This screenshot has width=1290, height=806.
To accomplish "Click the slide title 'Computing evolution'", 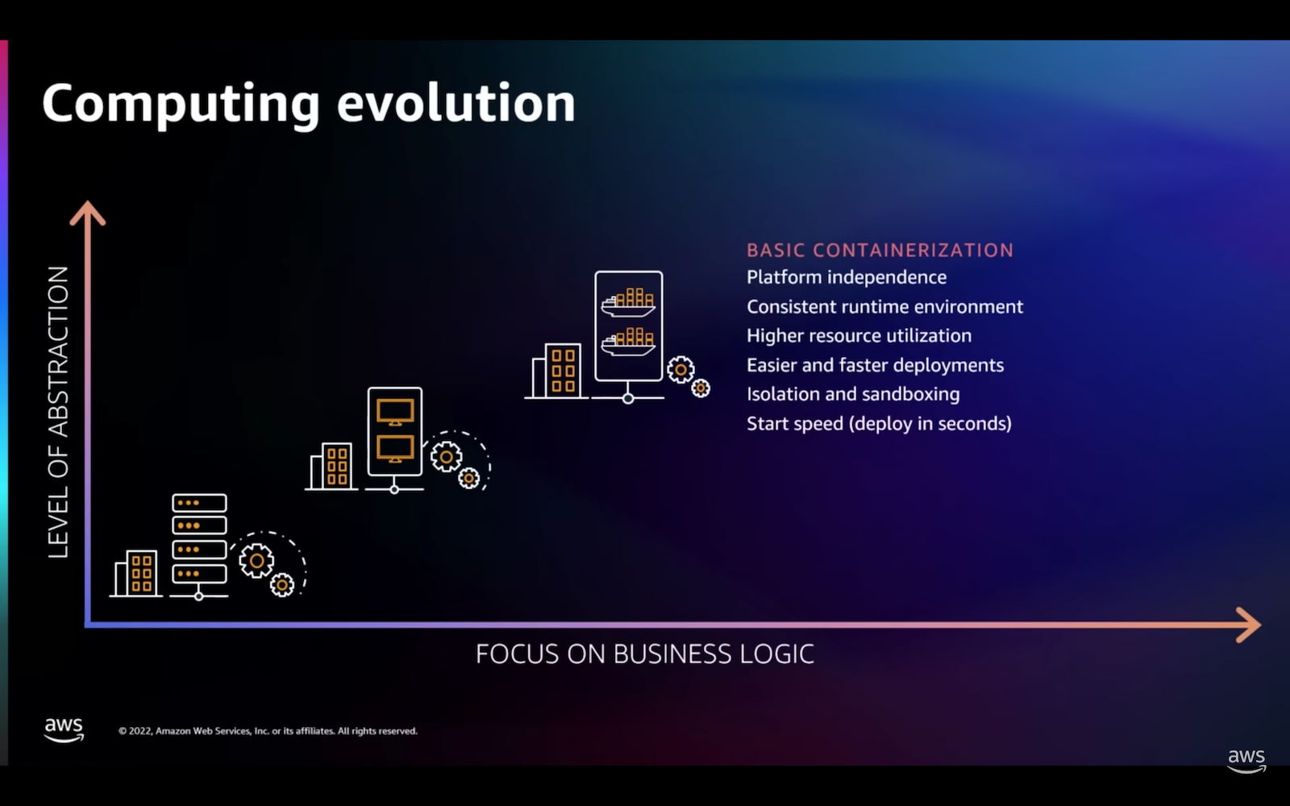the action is [x=309, y=104].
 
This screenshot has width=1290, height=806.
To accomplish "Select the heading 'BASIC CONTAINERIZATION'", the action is [x=880, y=250].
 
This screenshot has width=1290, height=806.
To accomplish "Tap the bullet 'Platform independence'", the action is [x=847, y=277].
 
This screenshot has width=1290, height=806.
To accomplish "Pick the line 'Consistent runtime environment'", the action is [x=885, y=306].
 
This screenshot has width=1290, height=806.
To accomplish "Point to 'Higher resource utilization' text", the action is [x=859, y=335].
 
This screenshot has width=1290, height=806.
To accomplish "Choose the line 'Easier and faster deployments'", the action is [x=876, y=365].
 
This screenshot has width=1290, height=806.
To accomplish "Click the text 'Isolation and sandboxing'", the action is [x=854, y=394].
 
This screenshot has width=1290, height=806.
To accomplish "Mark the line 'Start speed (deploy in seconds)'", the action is [x=880, y=424].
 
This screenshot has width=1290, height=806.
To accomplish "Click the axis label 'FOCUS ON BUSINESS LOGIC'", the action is [x=645, y=654].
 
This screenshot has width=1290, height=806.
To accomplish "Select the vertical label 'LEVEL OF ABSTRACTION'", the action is [x=58, y=412].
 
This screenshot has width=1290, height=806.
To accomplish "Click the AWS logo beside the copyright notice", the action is [x=64, y=730].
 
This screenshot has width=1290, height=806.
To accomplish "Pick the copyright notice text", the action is [x=268, y=731].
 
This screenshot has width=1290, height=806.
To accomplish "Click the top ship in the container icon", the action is [x=628, y=303].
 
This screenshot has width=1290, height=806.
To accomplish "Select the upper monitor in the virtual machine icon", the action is [x=395, y=412].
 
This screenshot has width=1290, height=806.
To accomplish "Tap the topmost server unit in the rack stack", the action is [x=199, y=503].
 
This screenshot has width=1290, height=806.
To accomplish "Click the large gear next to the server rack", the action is [x=257, y=561].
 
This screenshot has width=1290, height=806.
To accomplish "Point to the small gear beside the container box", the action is [x=701, y=388].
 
